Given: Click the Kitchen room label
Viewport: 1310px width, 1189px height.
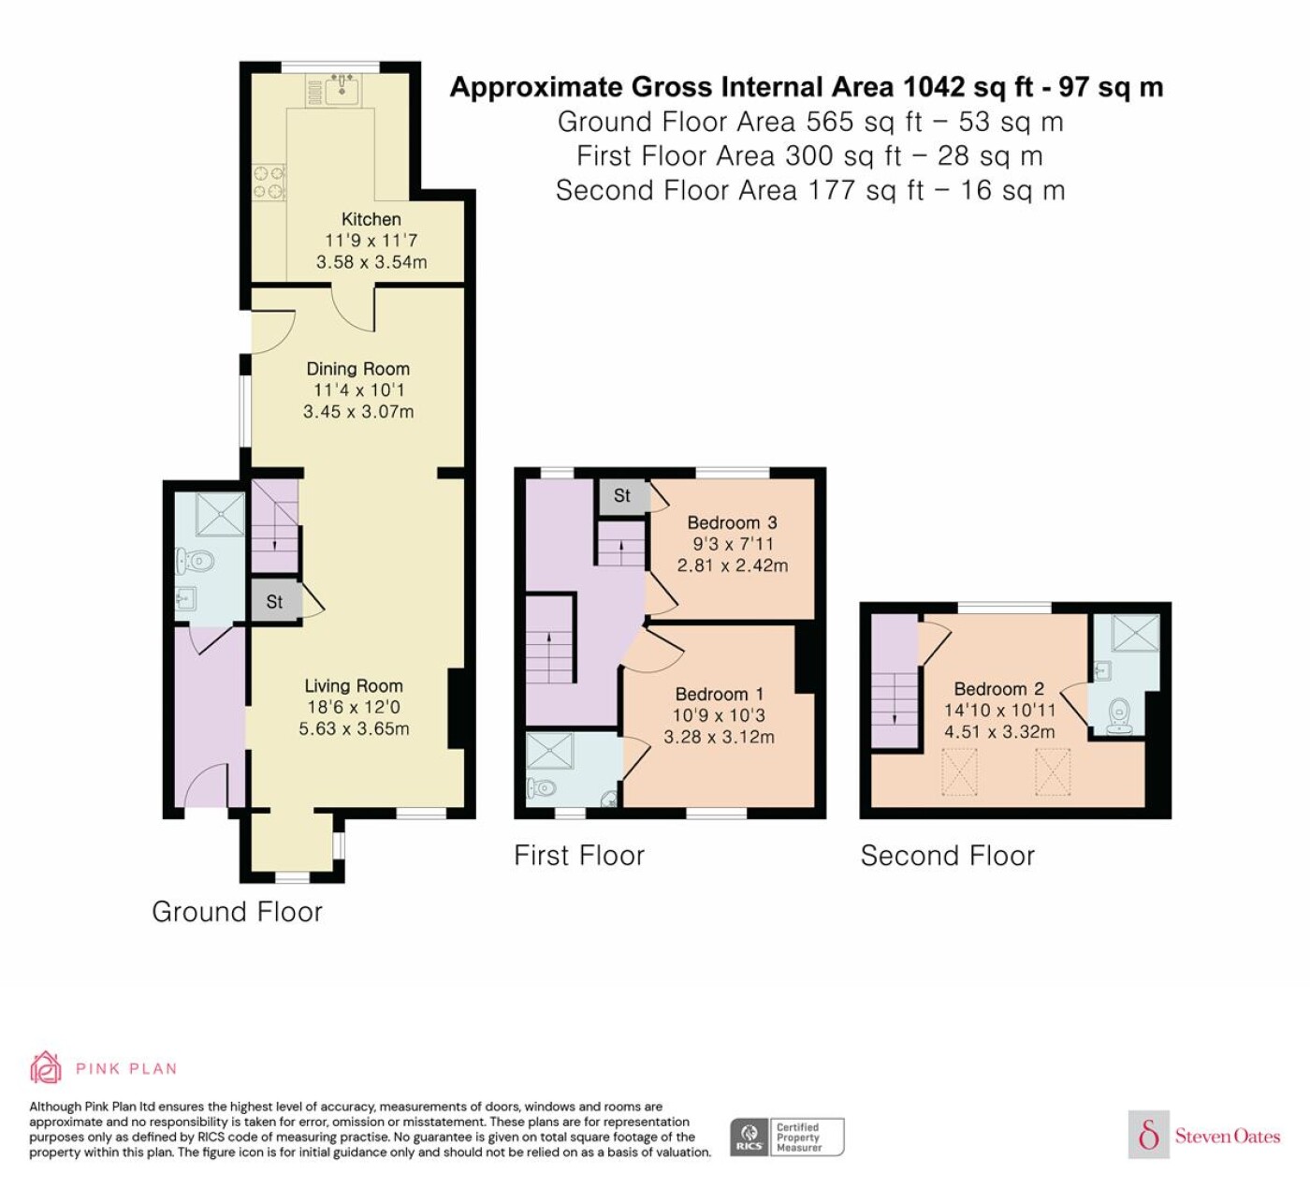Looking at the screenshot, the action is coord(371,220).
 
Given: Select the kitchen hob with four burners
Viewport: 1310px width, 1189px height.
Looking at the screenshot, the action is coord(269,183).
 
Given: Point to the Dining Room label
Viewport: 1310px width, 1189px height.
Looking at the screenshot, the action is coord(357,369).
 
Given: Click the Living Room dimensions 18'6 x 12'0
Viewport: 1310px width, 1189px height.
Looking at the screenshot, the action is coord(354,707).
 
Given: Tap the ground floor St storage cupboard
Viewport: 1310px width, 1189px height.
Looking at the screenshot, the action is coord(274,601).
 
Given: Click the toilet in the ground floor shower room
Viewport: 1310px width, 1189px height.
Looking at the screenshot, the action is coord(195,561).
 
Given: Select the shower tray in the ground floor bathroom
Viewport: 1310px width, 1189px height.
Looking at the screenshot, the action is coord(221,514).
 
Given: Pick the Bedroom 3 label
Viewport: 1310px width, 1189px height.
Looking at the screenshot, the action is coord(732,523).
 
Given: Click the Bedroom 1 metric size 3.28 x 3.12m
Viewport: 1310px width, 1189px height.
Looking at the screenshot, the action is coord(719,738).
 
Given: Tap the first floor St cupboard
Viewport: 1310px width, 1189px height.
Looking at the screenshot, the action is coord(622,496).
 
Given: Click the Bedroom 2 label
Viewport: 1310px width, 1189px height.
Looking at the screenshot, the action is coord(998,689).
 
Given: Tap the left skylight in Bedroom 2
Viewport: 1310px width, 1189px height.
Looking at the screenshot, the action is coord(959,772).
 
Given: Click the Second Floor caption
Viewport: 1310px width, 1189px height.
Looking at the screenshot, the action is coord(948,856).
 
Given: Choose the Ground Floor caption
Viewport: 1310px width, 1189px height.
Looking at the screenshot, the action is coord(237,912).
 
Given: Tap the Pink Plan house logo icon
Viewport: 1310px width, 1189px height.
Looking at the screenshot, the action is coord(46,1067).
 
